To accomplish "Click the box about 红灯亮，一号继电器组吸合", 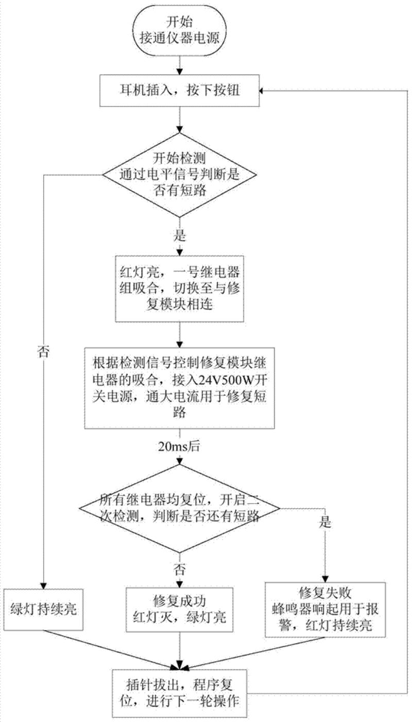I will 179,290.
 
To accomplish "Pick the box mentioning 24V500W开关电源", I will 179,387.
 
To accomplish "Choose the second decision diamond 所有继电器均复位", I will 179,508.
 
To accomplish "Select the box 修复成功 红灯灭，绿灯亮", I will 179,608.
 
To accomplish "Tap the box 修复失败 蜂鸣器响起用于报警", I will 325,609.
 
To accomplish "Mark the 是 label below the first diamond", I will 180,237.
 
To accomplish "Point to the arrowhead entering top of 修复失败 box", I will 325,578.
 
